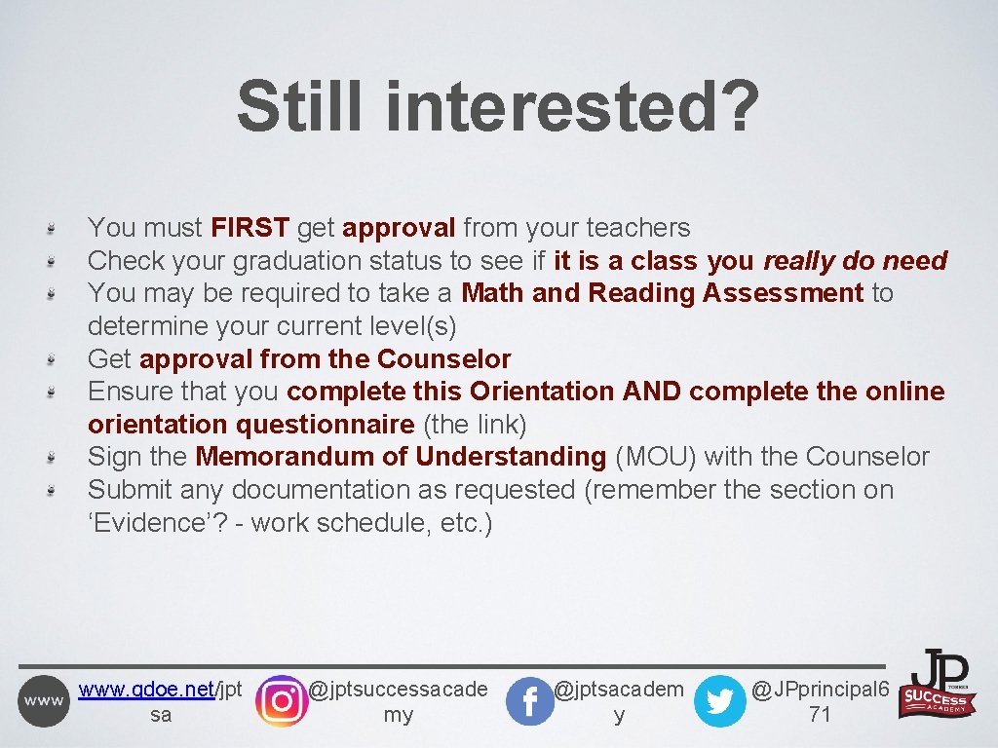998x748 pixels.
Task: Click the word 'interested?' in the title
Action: (x=572, y=107)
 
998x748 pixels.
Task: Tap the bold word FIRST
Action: (x=249, y=228)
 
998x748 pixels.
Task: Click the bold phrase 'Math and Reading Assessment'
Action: (x=662, y=293)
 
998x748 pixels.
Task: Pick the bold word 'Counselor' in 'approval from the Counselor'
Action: (x=443, y=359)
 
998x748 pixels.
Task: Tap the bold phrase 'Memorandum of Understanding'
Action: (x=401, y=457)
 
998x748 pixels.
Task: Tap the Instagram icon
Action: (x=281, y=701)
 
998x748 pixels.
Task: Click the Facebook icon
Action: (x=530, y=701)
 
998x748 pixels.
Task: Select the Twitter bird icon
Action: (x=719, y=701)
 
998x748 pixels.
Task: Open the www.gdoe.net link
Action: (x=146, y=691)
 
